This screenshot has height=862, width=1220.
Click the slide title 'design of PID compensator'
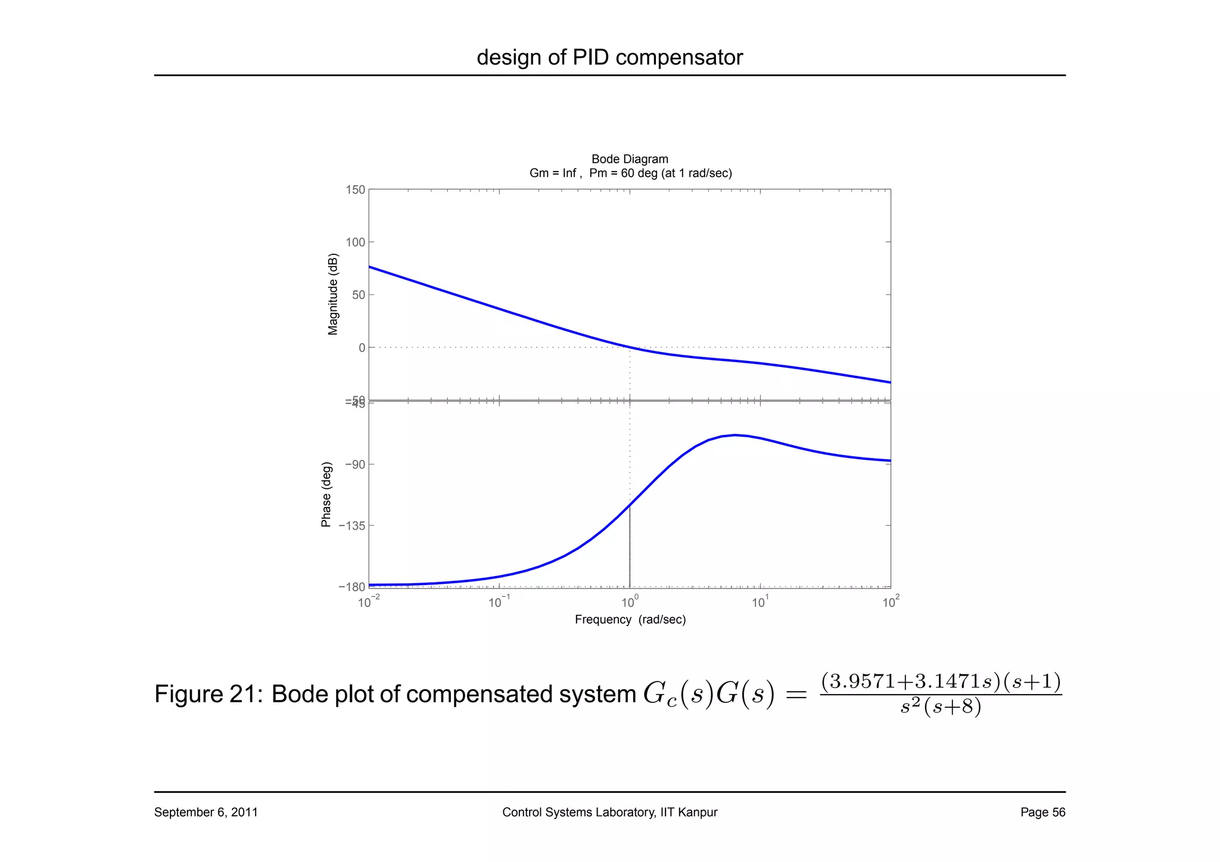[x=609, y=58]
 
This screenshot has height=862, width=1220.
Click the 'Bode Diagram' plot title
[x=630, y=159]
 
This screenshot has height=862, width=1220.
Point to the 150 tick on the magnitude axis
[x=355, y=190]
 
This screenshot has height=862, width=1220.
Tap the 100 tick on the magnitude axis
[x=355, y=242]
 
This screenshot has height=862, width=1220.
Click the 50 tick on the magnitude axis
[x=358, y=295]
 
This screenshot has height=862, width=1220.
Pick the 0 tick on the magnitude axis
[x=362, y=348]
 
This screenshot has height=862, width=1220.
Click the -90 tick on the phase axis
[x=351, y=465]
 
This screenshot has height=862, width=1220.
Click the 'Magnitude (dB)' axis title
[x=333, y=294]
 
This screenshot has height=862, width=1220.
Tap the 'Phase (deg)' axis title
[x=326, y=494]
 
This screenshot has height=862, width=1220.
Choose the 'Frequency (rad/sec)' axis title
[x=630, y=620]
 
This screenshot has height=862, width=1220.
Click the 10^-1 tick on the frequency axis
[x=499, y=602]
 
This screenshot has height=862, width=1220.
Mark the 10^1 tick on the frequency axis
[x=760, y=602]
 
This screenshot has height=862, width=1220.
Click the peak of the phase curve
[x=736, y=435]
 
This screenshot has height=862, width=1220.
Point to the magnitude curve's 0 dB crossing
[x=630, y=347]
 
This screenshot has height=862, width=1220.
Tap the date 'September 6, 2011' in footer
[x=206, y=812]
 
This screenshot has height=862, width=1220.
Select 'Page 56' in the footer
[x=1042, y=812]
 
